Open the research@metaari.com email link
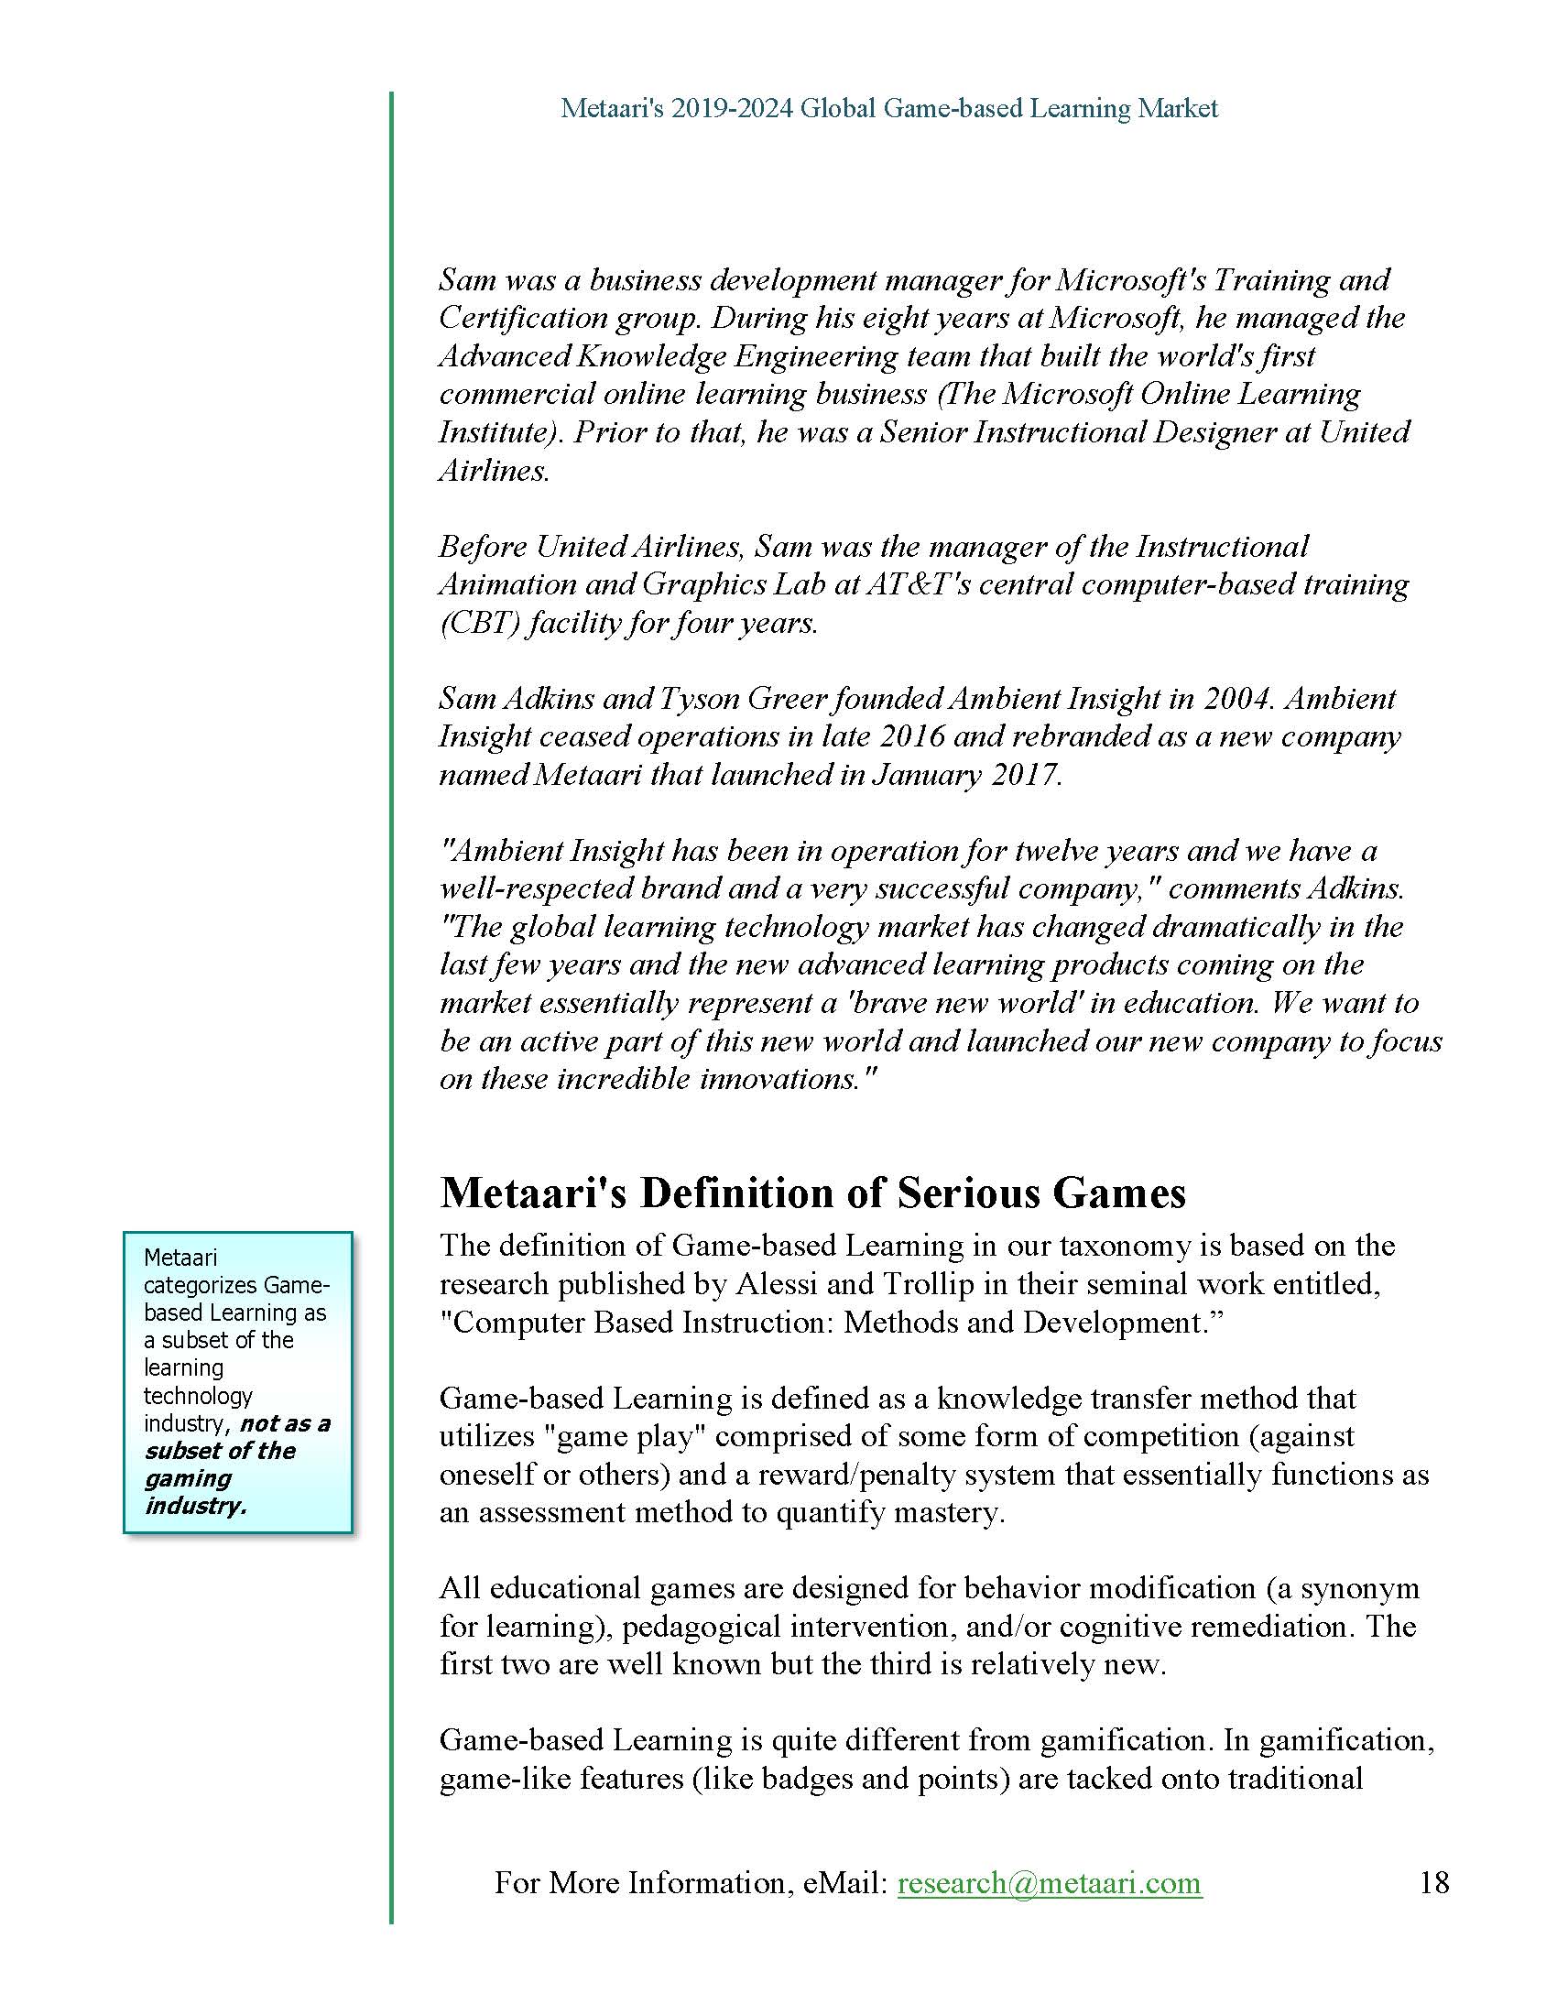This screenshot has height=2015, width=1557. pos(1050,1882)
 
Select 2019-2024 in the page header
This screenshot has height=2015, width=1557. pos(732,109)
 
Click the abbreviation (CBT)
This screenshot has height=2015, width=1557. pos(477,624)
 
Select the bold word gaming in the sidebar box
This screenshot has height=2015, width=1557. pos(188,1478)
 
